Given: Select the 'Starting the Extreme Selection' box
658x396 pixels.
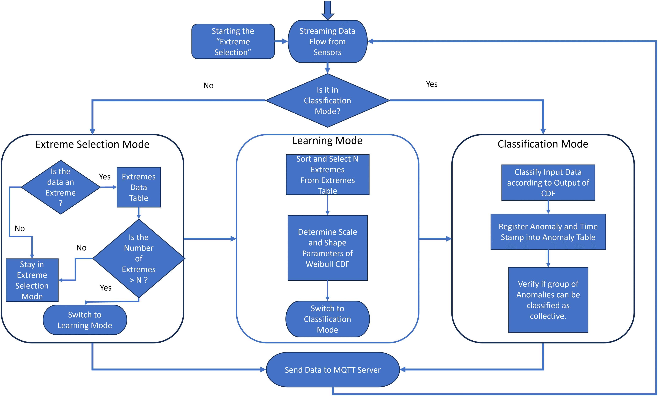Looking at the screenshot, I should (233, 42).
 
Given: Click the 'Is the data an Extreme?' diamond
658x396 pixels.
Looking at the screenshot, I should (61, 187).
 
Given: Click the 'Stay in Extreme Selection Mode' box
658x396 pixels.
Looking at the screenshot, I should (32, 280).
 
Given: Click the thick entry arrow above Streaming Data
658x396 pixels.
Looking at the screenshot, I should (328, 9).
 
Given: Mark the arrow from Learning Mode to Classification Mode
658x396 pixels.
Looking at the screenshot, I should (435, 239).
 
